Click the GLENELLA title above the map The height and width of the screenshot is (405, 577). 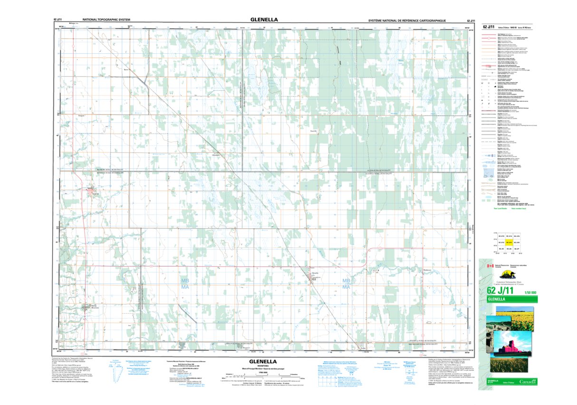click(x=264, y=20)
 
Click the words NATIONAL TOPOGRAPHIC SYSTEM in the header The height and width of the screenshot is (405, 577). click(x=106, y=20)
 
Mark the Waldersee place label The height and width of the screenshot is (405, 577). click(x=426, y=270)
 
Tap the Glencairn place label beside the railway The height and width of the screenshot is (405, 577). click(x=216, y=155)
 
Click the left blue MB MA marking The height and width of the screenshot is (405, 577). click(x=184, y=284)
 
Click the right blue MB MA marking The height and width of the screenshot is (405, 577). click(x=346, y=284)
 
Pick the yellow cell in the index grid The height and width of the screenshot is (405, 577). click(x=509, y=242)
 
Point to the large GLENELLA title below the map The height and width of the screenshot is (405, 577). click(x=260, y=361)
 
